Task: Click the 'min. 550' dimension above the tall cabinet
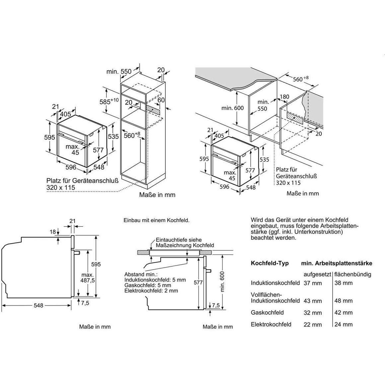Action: [x=119, y=71]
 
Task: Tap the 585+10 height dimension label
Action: [x=109, y=101]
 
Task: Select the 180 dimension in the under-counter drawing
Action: [x=284, y=96]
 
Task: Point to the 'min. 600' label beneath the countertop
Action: [x=232, y=108]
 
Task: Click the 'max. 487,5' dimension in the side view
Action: [x=88, y=278]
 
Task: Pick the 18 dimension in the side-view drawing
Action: [x=53, y=232]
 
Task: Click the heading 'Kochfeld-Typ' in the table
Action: [x=270, y=263]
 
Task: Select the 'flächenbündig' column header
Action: [x=353, y=274]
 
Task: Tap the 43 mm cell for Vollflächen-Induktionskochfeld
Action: [x=313, y=301]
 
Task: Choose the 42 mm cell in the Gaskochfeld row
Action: [x=343, y=313]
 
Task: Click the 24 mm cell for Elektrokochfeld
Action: [x=343, y=324]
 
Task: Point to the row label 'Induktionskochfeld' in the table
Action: [x=275, y=283]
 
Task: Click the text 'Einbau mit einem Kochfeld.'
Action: [x=157, y=220]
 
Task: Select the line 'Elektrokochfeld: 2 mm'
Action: [x=151, y=291]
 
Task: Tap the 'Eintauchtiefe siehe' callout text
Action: [x=178, y=240]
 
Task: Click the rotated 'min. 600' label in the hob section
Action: [x=222, y=282]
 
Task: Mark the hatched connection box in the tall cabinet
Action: [x=153, y=109]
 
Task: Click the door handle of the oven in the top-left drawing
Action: [x=71, y=138]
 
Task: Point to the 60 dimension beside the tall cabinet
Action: [x=161, y=100]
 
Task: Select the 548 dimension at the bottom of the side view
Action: [x=38, y=305]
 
